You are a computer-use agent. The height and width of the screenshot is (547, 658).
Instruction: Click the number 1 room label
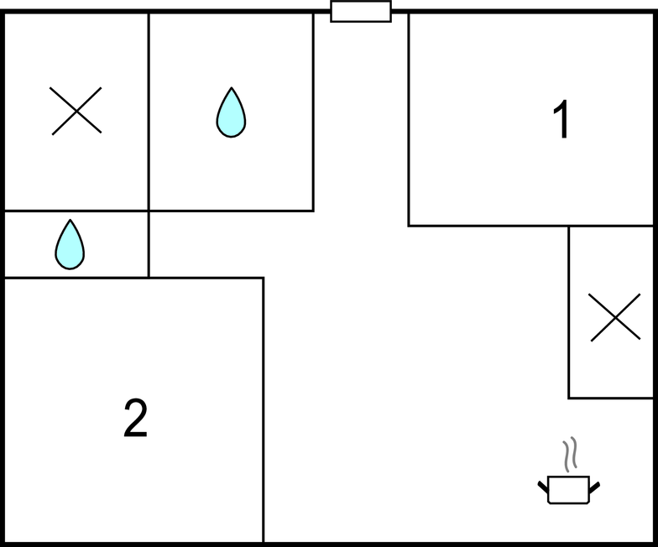(x=561, y=119)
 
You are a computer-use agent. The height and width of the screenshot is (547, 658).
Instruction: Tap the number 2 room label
(x=136, y=418)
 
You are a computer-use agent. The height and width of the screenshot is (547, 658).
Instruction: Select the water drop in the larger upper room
(x=232, y=112)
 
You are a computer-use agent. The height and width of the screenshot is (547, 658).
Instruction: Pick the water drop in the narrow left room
(x=70, y=244)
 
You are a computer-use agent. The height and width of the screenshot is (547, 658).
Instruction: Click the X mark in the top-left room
(x=76, y=111)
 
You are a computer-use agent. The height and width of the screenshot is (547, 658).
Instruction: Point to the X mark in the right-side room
(x=614, y=317)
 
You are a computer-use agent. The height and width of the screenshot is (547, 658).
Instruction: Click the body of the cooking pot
(x=569, y=490)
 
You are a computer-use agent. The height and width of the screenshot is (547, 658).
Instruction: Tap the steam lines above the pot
(x=570, y=455)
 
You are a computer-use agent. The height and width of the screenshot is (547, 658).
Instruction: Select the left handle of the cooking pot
(x=543, y=487)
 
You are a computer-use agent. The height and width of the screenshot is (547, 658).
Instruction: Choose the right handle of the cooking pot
(x=594, y=487)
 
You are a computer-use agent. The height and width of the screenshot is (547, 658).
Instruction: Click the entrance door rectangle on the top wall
(x=361, y=12)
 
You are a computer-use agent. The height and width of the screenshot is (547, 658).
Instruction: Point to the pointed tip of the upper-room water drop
(x=232, y=87)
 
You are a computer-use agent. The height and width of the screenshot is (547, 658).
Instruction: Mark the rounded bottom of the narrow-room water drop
(x=70, y=268)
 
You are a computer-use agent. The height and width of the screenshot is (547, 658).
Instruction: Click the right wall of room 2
(x=264, y=410)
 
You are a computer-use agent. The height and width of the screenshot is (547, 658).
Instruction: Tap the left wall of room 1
(x=409, y=119)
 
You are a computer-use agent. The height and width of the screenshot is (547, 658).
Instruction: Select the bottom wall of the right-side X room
(x=611, y=398)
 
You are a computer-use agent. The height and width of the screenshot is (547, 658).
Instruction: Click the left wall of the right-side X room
(x=569, y=312)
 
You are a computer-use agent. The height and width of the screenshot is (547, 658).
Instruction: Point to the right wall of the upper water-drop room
(x=314, y=112)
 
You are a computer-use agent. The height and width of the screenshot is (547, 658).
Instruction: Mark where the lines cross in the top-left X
(x=76, y=111)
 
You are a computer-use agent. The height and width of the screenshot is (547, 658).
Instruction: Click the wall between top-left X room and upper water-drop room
(x=149, y=112)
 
